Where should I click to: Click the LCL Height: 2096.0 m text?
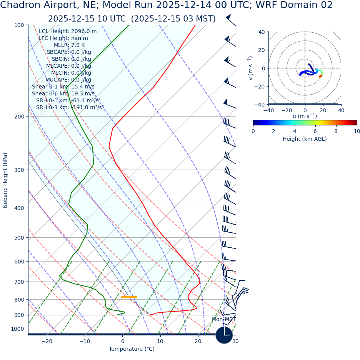click(x=68, y=32)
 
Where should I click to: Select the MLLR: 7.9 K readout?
click(x=69, y=45)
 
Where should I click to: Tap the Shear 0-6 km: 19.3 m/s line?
click(x=63, y=94)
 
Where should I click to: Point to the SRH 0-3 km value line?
click(x=70, y=108)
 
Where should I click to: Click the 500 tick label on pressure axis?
click(x=19, y=238)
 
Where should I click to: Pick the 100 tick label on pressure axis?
click(x=19, y=25)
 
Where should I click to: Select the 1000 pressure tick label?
click(x=17, y=329)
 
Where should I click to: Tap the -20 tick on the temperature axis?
click(x=47, y=342)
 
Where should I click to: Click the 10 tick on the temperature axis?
click(x=160, y=342)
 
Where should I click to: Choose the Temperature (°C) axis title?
click(x=132, y=349)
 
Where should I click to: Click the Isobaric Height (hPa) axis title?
click(x=5, y=180)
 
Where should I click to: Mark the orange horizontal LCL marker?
click(x=128, y=297)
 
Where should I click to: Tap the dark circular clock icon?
click(x=224, y=335)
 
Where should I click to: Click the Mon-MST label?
click(x=223, y=320)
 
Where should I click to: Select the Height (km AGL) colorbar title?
click(x=305, y=139)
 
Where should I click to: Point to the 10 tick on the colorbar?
click(x=357, y=131)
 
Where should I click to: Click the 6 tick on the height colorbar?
click(x=315, y=131)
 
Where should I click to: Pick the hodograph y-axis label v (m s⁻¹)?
click(x=250, y=68)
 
